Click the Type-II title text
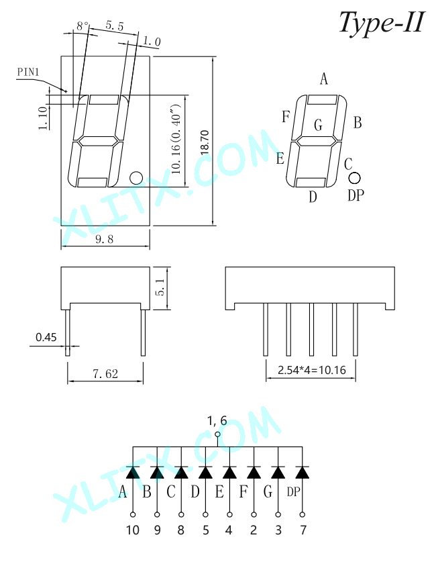coord(382,22)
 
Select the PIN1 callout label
coord(28,72)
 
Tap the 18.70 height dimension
coord(205,142)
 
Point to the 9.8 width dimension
coord(105,239)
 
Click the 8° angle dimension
coord(83,26)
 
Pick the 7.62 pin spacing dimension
coord(105,374)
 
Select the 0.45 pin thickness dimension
coord(46,337)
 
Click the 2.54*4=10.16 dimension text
coord(312,370)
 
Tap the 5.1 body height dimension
coord(161,287)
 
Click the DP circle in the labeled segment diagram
coord(354,178)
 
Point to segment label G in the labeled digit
coord(318,125)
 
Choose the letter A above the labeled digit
coord(324,79)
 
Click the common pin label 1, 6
coord(217,420)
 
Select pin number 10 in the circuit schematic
coord(133,530)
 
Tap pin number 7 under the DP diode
coord(303,530)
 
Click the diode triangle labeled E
coord(229,472)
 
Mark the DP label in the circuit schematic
coord(293,491)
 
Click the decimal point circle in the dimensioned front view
coord(136,178)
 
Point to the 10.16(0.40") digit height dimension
coord(176,139)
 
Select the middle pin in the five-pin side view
coord(311,330)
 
